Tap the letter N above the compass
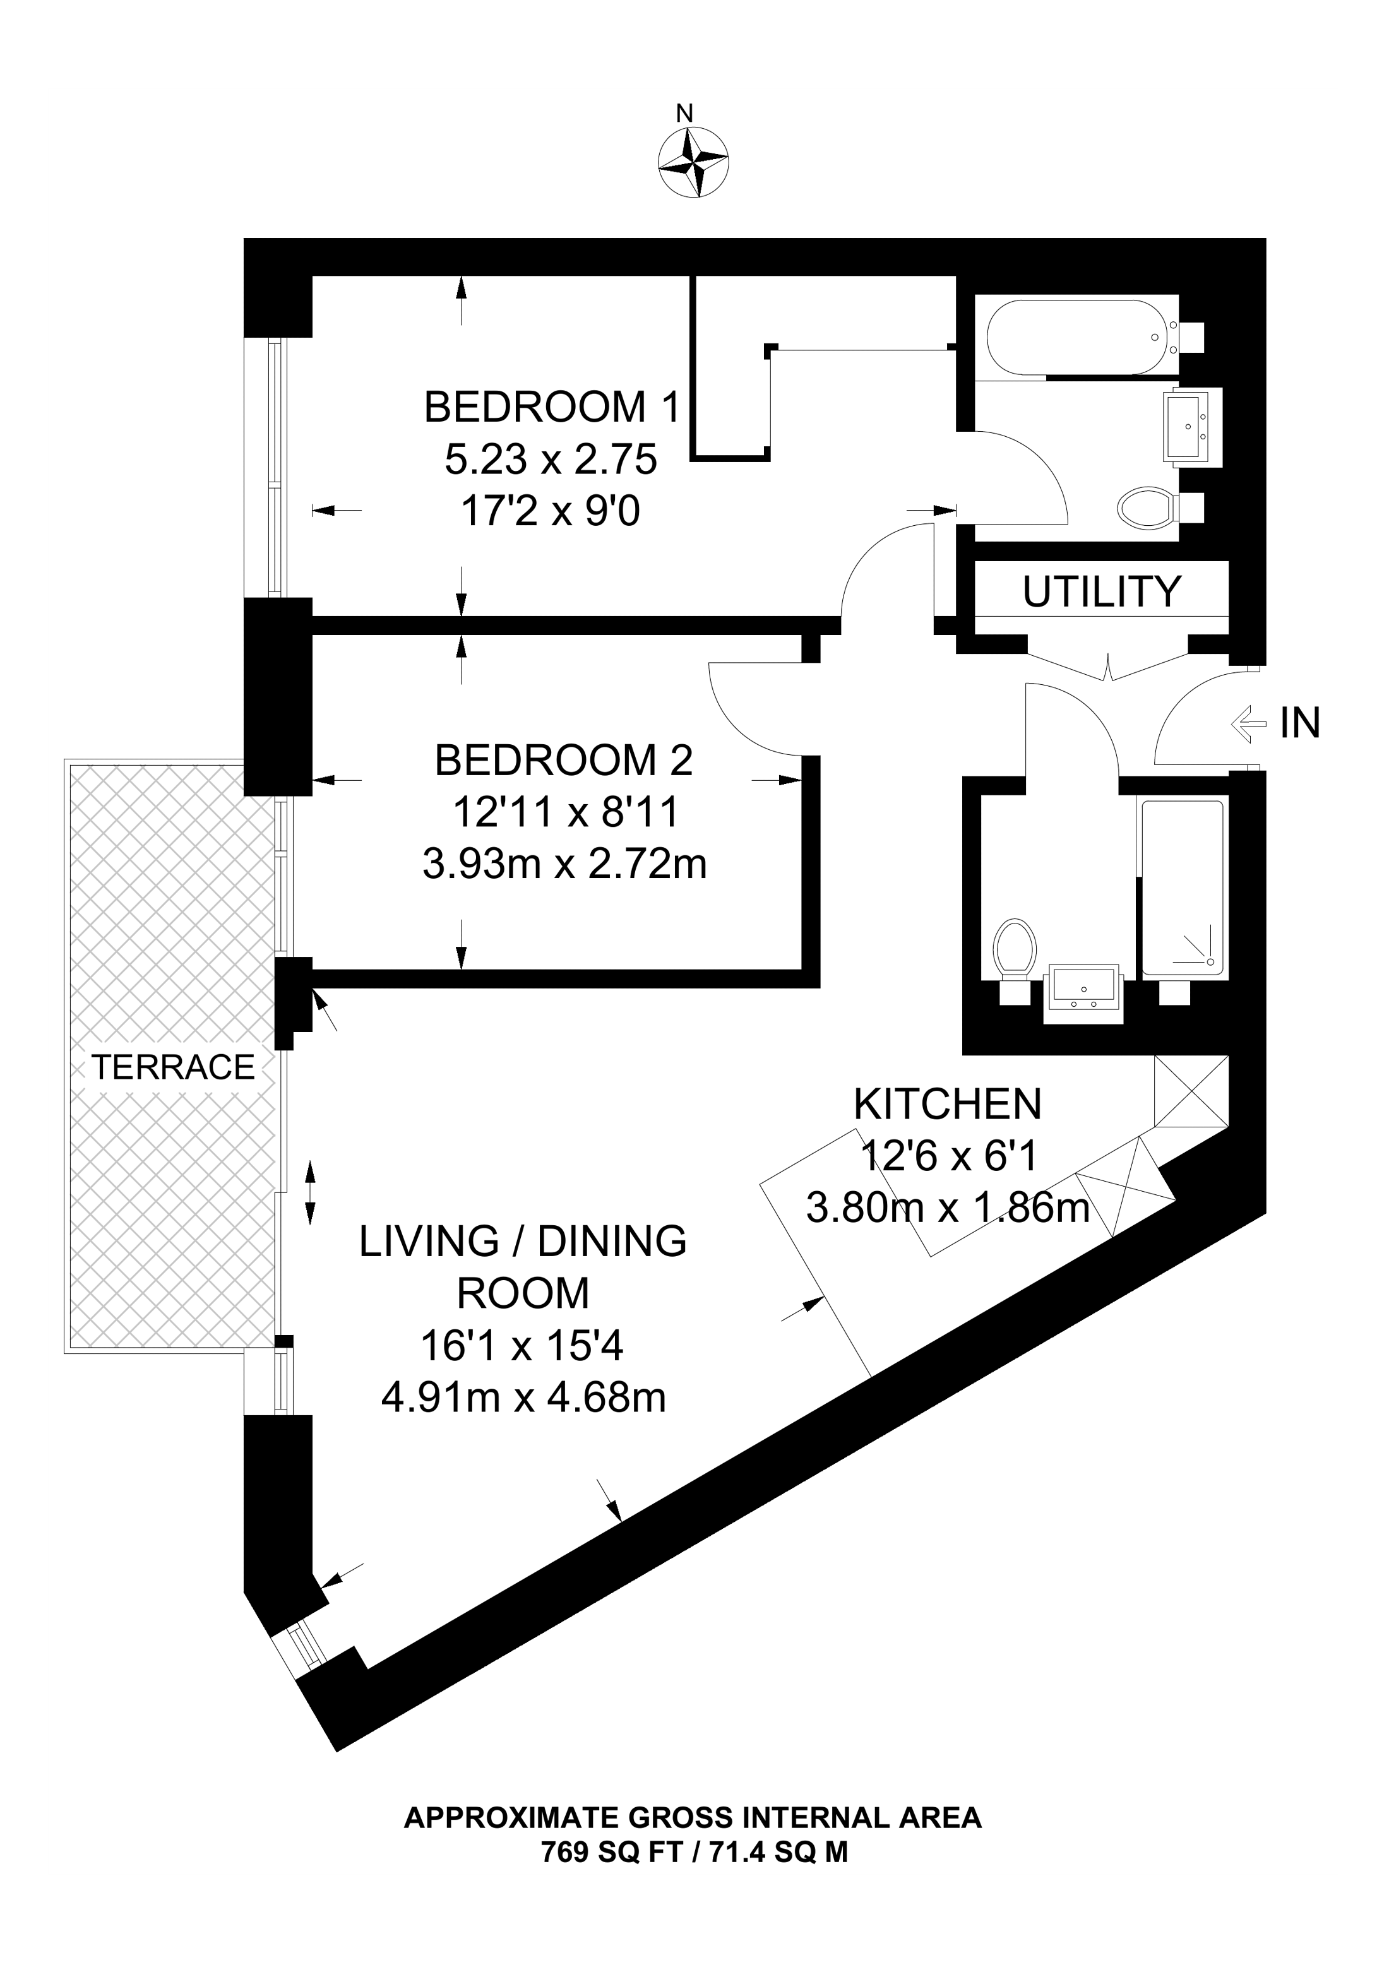pos(684,113)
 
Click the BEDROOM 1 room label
pos(552,407)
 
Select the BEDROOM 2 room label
pos(564,760)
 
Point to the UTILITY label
pos(1102,591)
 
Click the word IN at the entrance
pos(1300,723)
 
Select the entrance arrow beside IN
pos(1249,724)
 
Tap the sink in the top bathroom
pos(1191,426)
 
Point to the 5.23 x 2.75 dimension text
pos(551,460)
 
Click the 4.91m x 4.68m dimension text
pos(524,1398)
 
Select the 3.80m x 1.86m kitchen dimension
pos(948,1209)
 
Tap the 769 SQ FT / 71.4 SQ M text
pos(694,1852)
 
